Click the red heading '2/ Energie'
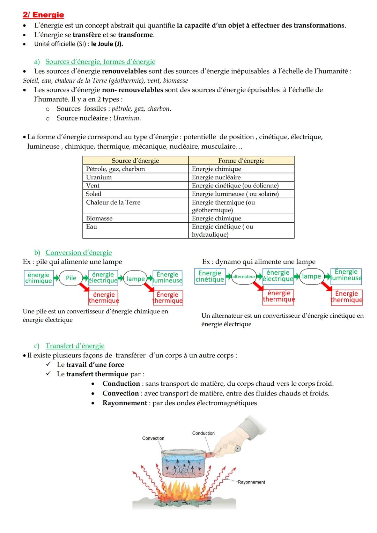pos(43,15)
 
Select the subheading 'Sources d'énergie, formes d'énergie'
pos(100,62)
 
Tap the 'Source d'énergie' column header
pos(135,161)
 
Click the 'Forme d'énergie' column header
pos(241,161)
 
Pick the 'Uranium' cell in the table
pos(99,177)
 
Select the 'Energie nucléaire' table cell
pos(216,177)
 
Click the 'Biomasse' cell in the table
pos(99,218)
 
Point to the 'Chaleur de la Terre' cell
pos(113,202)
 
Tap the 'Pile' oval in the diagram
pos(71,278)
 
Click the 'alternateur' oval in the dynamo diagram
pos(244,276)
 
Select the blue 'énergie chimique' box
pos(38,278)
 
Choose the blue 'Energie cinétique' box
pos(210,276)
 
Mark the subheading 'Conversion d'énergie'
pos(79,253)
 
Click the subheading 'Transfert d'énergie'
pos(75,346)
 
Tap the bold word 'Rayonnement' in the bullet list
pos(125,403)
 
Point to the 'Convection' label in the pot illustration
pos(153,438)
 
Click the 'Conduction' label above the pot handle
pos(203,433)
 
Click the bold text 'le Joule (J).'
pos(107,44)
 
